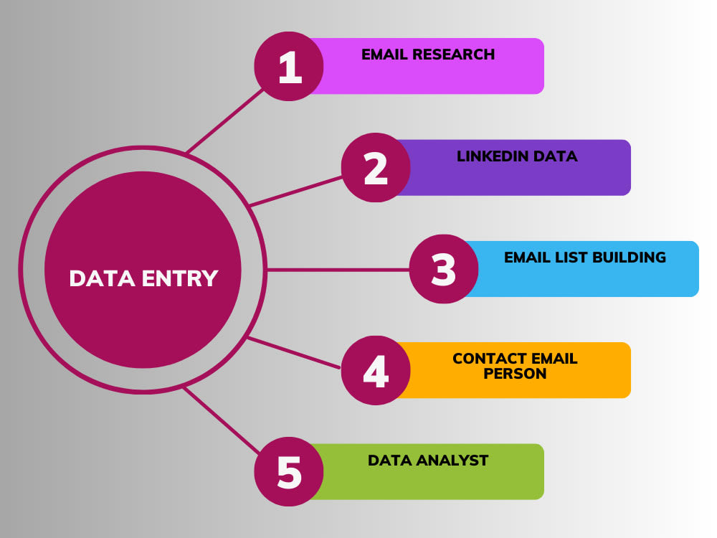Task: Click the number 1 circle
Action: [289, 66]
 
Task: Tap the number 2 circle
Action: [376, 167]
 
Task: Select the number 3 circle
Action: [444, 269]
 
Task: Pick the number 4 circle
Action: [376, 370]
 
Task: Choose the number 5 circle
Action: [289, 472]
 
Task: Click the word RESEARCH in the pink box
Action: [453, 55]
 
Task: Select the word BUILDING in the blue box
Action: [629, 258]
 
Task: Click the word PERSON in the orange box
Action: [515, 374]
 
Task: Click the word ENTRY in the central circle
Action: [180, 278]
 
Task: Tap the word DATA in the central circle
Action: [103, 278]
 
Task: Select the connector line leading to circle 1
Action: [225, 121]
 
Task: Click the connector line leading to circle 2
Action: [296, 192]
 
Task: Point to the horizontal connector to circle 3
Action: [338, 270]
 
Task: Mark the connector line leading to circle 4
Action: [294, 353]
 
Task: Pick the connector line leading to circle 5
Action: [222, 420]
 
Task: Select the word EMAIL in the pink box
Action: [384, 55]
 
